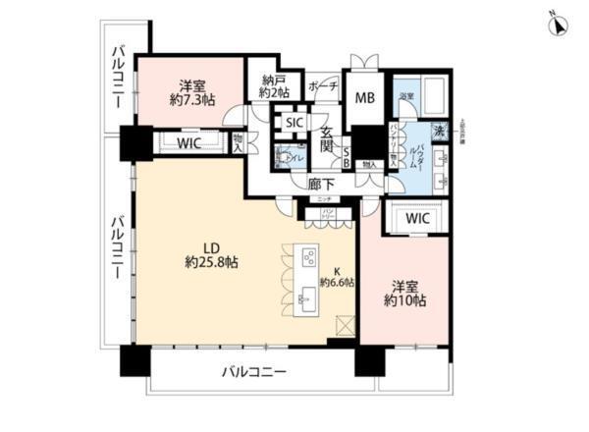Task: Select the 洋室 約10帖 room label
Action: pos(405,294)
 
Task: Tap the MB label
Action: pos(364,96)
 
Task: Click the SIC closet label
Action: pos(293,123)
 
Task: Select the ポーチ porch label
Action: pos(323,86)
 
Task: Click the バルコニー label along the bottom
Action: pos(253,373)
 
